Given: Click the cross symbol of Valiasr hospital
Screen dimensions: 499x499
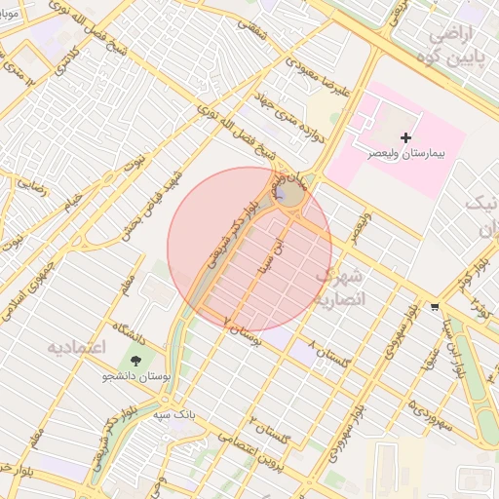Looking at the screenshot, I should pos(406,137).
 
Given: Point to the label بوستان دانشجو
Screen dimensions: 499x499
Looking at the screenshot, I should pos(136,376).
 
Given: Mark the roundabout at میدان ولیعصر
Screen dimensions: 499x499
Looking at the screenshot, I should pos(288,195).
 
